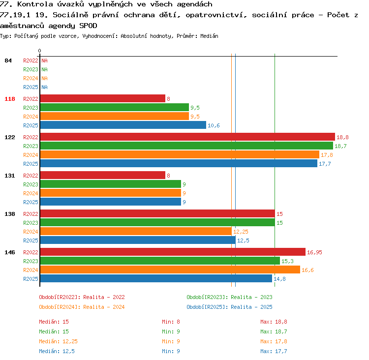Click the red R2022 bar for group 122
[187, 137]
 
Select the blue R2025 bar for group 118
[123, 125]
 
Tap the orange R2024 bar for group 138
[136, 231]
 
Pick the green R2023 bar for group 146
[160, 261]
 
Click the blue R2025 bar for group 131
[111, 202]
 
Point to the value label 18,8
[342, 137]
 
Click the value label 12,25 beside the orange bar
[241, 232]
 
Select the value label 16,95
[314, 252]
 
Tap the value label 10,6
[214, 125]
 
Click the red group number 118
[10, 99]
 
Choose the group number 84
[8, 60]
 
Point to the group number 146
[10, 252]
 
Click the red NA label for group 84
[44, 60]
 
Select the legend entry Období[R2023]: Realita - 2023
[229, 297]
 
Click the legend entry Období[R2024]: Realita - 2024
[82, 307]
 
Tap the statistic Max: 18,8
[274, 322]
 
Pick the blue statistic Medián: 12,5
[57, 351]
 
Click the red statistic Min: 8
[171, 322]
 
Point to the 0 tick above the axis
[39, 51]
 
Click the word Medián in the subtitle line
[209, 36]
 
